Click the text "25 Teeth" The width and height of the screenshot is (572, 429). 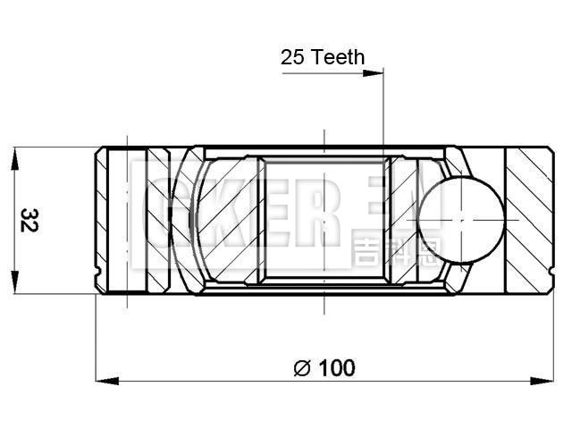[x=323, y=57]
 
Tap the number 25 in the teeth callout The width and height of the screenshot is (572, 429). [x=292, y=57]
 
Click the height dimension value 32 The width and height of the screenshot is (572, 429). [x=29, y=220]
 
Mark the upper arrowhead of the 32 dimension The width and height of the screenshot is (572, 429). [x=14, y=155]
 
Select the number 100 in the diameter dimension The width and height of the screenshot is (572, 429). [x=336, y=367]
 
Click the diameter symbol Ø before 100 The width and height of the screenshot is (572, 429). [x=301, y=367]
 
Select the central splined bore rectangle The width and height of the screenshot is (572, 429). [x=324, y=219]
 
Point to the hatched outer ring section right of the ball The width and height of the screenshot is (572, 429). [x=527, y=219]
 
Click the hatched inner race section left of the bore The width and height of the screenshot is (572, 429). [x=228, y=219]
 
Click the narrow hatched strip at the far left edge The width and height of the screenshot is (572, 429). [x=101, y=219]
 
